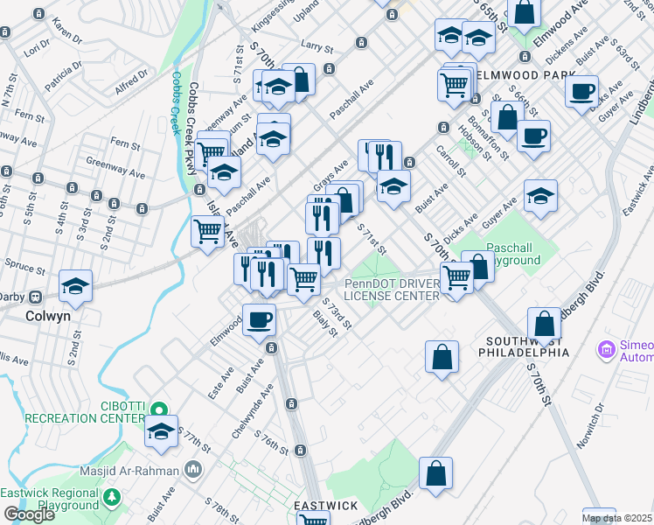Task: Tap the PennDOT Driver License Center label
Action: click(391, 290)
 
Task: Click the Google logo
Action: click(30, 514)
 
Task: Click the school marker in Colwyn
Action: click(76, 286)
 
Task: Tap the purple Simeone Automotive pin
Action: click(605, 351)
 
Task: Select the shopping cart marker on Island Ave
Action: click(207, 231)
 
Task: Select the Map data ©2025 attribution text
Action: click(617, 518)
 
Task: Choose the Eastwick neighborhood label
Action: click(324, 507)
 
